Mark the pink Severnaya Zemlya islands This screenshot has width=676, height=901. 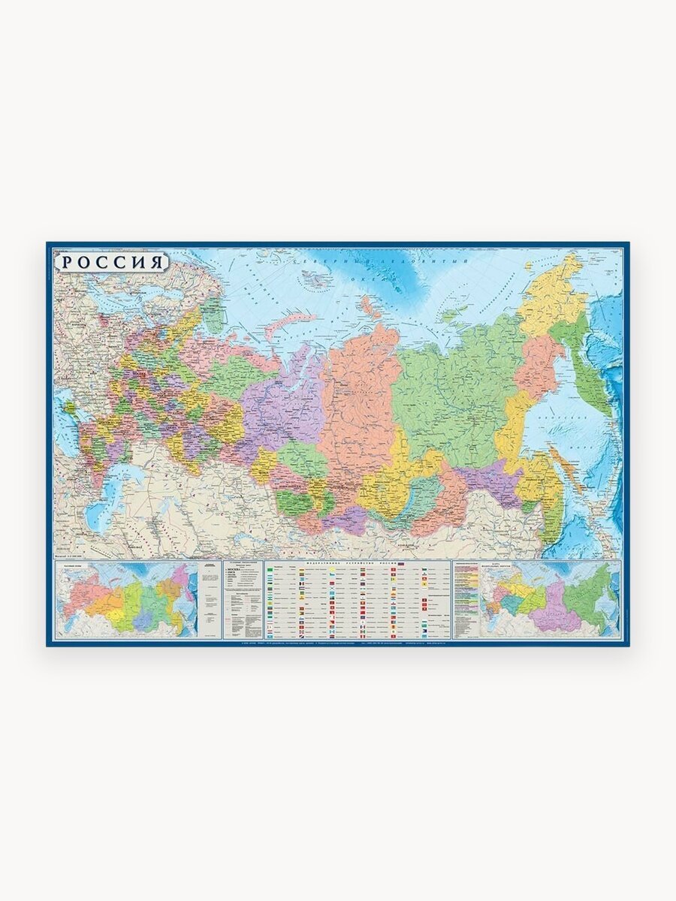point(368,304)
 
